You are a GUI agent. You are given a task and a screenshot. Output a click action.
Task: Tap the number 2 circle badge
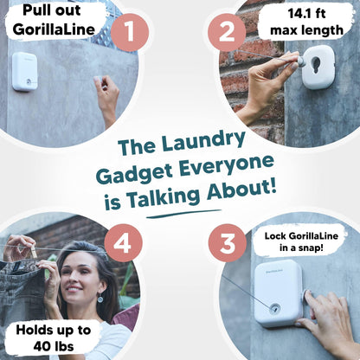point(227,33)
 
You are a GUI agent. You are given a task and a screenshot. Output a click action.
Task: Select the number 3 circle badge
point(228,243)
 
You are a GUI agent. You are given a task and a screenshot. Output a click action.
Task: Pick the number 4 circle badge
point(123,243)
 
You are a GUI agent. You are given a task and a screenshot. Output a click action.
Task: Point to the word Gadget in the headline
point(134,174)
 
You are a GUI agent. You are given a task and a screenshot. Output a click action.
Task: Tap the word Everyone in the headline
point(226,166)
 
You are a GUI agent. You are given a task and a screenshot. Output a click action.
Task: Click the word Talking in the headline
point(164,197)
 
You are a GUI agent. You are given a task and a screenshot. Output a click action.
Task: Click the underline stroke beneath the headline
point(183,214)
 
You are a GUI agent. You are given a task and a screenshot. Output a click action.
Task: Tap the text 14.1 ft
point(306,14)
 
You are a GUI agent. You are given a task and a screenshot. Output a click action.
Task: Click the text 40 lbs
point(54,346)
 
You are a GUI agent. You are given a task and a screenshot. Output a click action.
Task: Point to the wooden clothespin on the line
point(34,251)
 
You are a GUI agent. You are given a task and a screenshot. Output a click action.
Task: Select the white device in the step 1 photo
point(25,71)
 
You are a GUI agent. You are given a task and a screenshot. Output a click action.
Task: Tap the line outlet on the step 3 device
point(273,309)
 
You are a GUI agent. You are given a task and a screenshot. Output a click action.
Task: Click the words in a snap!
point(301,247)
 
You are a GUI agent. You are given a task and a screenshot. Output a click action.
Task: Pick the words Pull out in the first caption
point(52,10)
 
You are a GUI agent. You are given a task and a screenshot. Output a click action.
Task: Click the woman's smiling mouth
point(74,288)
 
